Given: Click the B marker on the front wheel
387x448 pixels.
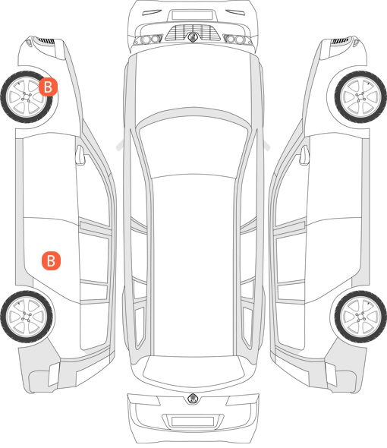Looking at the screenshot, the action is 49,87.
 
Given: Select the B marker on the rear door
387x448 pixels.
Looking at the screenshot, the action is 51,260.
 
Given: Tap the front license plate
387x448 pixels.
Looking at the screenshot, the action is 192,15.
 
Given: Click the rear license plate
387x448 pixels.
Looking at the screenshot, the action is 193,421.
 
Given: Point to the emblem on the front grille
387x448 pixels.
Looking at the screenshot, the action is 193,37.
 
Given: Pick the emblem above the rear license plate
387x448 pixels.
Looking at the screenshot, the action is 193,399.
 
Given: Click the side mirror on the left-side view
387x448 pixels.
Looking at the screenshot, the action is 80,155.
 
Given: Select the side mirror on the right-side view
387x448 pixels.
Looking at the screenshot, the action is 305,155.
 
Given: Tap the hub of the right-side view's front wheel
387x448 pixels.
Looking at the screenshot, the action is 361,97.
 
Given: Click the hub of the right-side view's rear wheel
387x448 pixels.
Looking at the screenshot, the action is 360,317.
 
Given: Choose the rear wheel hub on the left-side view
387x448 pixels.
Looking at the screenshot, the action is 27,317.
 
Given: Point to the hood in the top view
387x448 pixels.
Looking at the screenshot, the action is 193,80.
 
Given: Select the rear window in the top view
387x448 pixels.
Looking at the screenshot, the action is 193,370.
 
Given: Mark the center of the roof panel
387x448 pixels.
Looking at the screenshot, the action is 193,266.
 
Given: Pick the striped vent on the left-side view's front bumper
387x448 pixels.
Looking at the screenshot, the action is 46,40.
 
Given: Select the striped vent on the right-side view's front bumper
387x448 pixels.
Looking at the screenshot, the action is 340,40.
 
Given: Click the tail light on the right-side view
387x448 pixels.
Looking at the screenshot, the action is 331,374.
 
